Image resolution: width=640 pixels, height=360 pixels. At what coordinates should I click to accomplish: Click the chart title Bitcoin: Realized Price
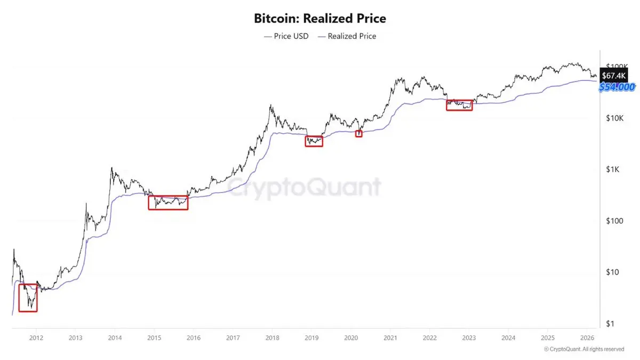pos(320,19)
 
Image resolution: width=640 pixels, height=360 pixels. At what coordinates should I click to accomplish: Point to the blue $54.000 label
pos(617,87)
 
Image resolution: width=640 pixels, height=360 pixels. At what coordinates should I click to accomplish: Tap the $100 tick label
pos(614,221)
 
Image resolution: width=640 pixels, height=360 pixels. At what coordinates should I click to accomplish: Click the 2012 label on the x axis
pos(36,338)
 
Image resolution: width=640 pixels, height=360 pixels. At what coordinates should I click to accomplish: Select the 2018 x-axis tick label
pos(272,338)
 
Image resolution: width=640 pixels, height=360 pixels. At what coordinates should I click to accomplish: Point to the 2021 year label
pos(390,338)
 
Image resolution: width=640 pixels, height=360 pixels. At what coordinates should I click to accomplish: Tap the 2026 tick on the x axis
pos(587,338)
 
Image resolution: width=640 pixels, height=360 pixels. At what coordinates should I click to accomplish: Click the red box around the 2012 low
pos(28,298)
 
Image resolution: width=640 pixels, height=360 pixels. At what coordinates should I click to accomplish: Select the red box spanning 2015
pos(168,203)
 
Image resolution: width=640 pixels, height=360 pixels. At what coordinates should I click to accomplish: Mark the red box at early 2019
pos(314,141)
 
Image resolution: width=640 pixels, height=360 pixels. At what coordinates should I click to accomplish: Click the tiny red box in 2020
pos(358,133)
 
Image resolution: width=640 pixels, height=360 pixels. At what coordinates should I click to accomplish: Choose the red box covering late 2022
pos(459,105)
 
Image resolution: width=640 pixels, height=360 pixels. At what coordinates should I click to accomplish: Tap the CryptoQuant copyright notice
pos(583,349)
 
